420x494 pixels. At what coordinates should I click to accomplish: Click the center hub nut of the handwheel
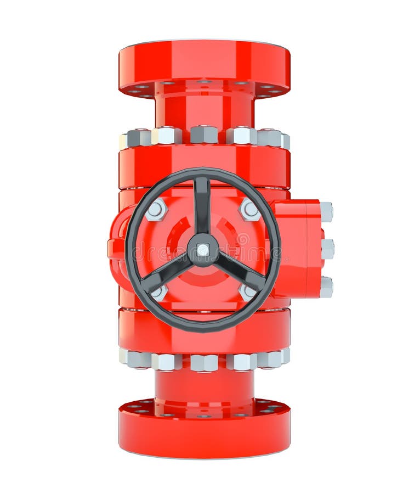203,250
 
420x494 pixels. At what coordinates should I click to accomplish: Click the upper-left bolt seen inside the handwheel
156,210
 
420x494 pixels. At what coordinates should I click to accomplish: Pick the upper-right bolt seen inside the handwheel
249,210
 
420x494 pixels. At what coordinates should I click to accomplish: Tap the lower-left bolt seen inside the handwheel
159,292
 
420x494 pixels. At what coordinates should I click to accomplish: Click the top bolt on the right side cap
326,211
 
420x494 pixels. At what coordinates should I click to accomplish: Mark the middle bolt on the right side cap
327,249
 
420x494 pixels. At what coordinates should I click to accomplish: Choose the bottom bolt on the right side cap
326,287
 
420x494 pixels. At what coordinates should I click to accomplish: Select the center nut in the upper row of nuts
204,135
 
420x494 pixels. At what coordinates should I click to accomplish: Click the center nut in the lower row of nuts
204,362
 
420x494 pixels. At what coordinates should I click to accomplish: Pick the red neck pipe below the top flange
204,110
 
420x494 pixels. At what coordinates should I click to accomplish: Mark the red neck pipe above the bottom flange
204,387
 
